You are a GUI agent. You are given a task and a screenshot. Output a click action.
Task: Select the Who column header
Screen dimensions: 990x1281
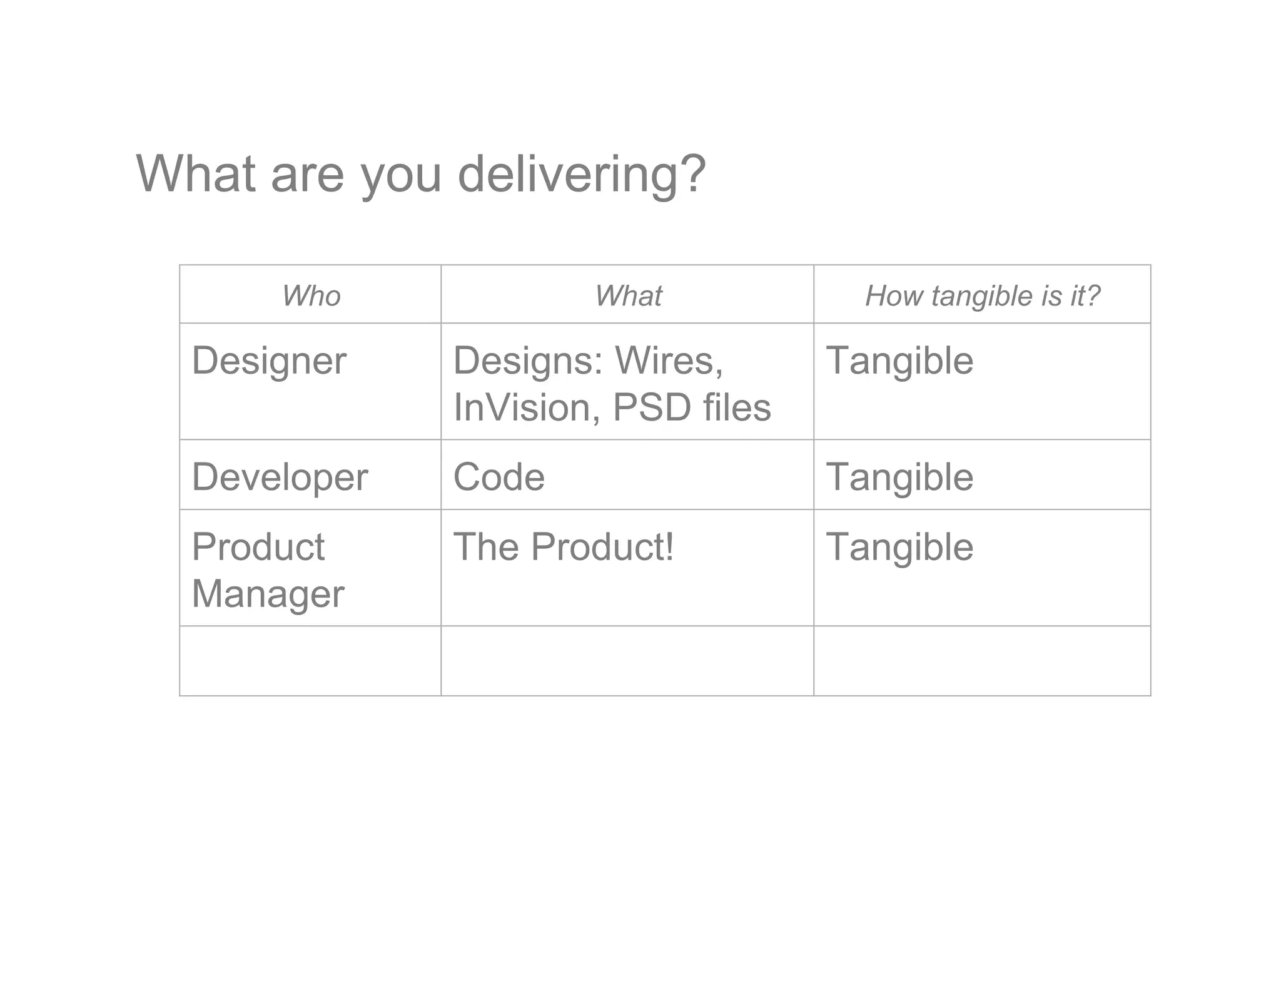(x=311, y=295)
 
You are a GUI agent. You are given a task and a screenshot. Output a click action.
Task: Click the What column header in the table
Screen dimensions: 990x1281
(x=628, y=295)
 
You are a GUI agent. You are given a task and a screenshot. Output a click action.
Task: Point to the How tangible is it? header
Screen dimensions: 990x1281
(x=982, y=295)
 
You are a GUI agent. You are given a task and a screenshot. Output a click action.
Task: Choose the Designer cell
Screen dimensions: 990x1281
(x=269, y=361)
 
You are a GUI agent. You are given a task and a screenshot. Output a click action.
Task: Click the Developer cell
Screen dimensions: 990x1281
(x=280, y=477)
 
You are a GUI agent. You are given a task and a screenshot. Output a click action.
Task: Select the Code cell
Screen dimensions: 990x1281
(x=499, y=477)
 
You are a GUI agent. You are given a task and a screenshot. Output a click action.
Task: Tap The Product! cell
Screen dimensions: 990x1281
(x=564, y=547)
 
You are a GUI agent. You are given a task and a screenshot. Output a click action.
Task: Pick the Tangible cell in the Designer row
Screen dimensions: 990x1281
(x=899, y=361)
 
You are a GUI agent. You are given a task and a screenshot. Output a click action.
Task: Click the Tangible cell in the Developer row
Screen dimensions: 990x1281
(x=899, y=477)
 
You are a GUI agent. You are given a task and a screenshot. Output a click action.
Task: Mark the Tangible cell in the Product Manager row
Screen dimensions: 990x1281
(x=899, y=547)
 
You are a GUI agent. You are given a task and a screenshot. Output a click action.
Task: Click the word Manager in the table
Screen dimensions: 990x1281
(x=268, y=594)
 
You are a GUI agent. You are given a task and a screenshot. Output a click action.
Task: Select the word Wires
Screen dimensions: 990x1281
(x=669, y=361)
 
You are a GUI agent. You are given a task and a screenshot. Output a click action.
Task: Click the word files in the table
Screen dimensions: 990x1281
(x=737, y=407)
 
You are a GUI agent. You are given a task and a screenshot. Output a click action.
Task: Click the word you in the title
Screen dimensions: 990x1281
(x=402, y=175)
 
